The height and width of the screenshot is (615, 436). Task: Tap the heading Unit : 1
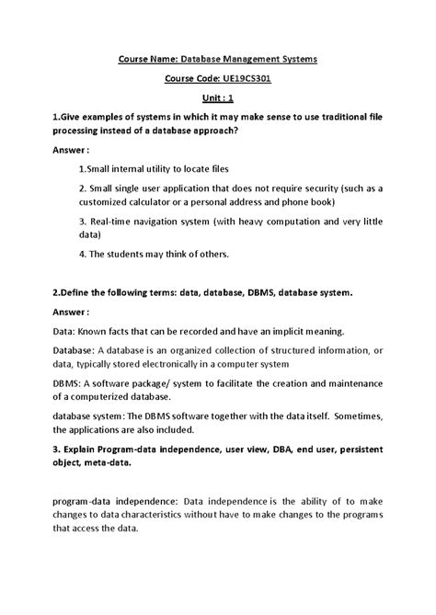[x=217, y=98]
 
